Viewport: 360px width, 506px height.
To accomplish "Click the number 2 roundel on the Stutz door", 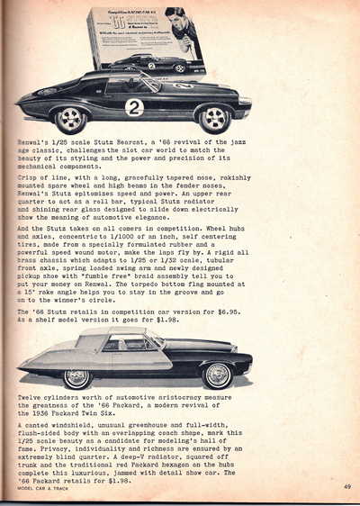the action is (134, 107).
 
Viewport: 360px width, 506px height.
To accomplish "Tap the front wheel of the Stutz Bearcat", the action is (214, 118).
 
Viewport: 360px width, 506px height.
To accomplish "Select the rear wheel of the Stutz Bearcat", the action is (70, 119).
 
